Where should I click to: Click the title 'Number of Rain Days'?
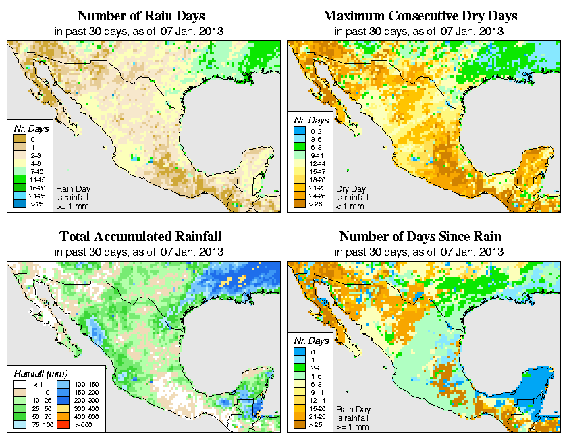click(141, 16)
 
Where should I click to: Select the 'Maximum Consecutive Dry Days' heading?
click(420, 16)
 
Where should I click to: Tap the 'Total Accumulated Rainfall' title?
click(140, 237)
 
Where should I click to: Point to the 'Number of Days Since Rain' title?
click(420, 237)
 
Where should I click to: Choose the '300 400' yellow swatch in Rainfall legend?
click(63, 408)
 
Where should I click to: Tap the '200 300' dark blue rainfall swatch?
click(63, 399)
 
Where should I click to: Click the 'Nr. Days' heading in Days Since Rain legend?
click(313, 341)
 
